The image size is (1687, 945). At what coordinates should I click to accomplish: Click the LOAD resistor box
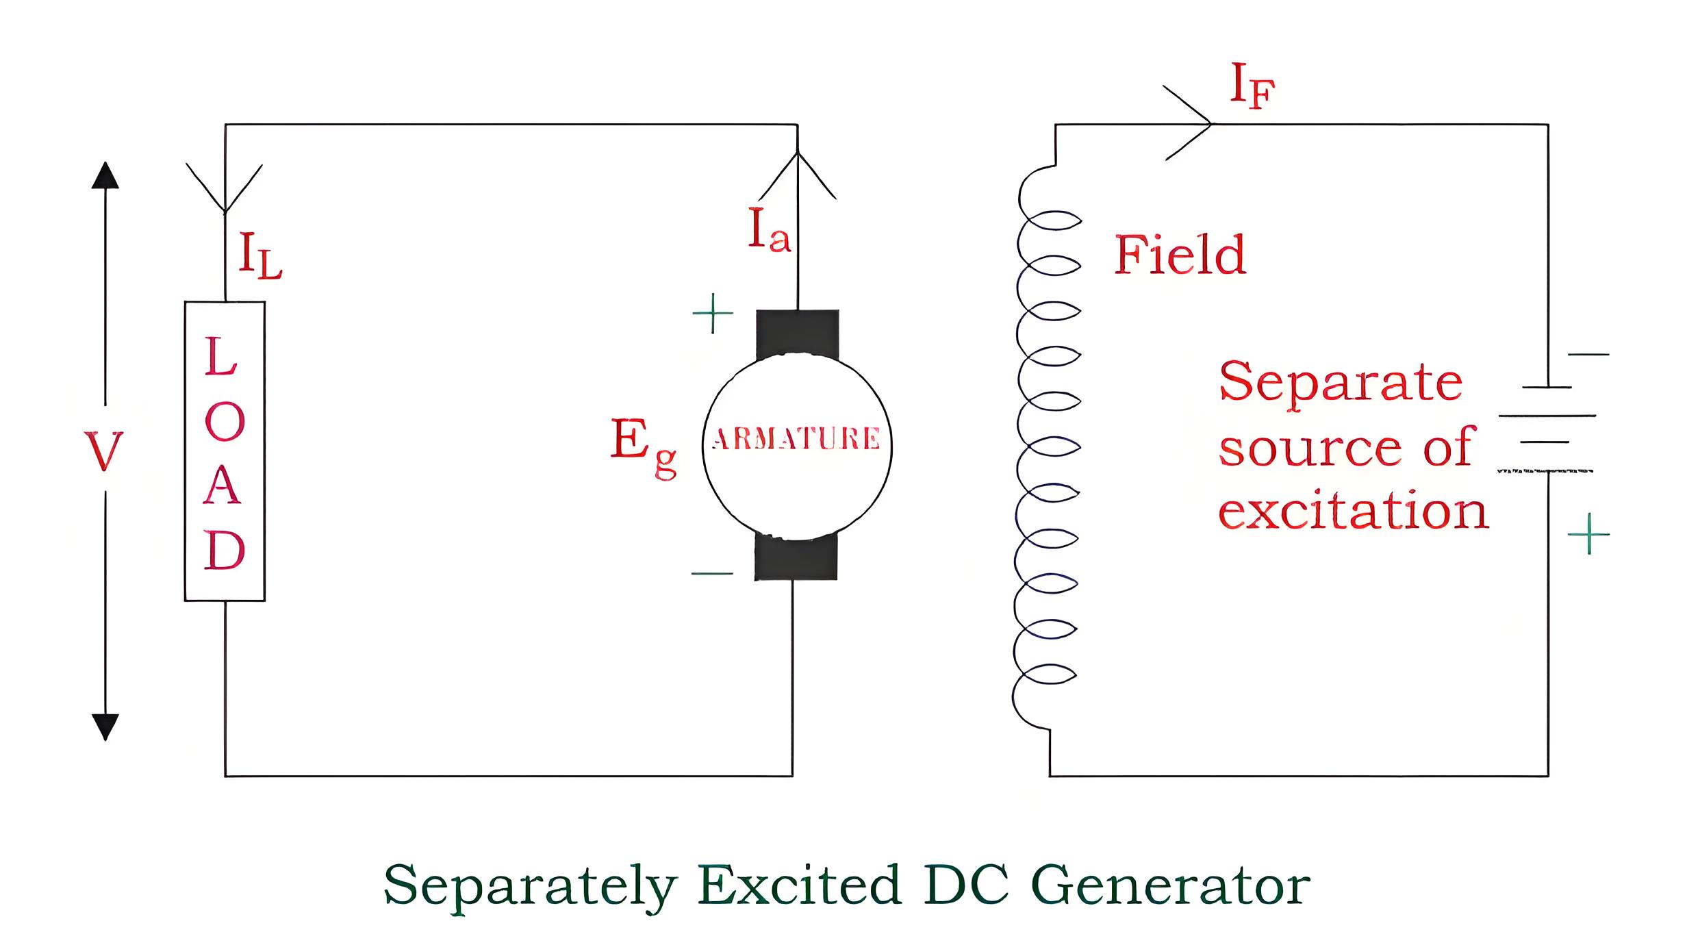coord(225,451)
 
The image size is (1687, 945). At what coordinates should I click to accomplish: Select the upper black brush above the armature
coord(798,334)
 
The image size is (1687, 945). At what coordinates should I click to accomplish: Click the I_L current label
coord(260,255)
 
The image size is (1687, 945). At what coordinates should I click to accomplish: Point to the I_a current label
coord(770,230)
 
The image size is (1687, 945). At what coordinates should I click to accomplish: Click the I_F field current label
coord(1252,86)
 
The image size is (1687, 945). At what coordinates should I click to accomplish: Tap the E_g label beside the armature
coord(644,447)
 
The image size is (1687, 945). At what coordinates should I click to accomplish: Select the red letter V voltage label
coord(104,451)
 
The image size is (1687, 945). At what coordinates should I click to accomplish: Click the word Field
coord(1180,254)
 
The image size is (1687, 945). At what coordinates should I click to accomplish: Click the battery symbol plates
coord(1547,429)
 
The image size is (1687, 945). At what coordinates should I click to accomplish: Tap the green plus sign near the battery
coord(1588,533)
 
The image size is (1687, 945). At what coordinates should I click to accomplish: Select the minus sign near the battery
coord(1588,354)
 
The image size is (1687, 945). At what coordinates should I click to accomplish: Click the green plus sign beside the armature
coord(713,314)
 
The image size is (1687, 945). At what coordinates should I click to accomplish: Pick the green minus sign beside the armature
coord(712,573)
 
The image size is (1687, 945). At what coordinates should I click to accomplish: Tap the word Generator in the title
coord(1170,885)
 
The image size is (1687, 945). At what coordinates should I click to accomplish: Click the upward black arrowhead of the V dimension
coord(105,175)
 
